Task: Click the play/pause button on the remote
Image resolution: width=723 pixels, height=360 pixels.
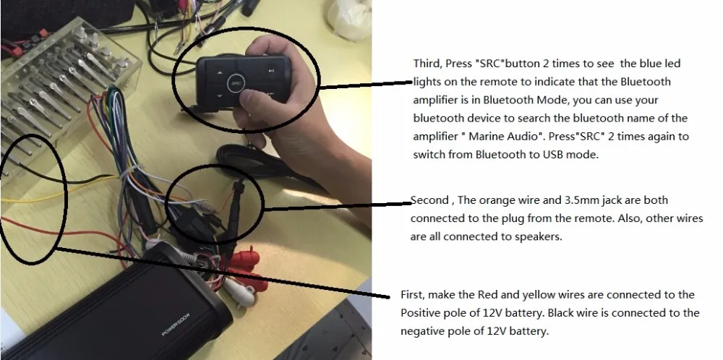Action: point(269,72)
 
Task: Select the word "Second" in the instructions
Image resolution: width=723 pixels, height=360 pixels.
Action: point(430,200)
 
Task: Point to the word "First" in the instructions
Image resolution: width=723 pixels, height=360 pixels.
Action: point(413,295)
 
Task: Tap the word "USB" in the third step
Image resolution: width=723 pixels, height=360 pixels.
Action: point(565,153)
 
